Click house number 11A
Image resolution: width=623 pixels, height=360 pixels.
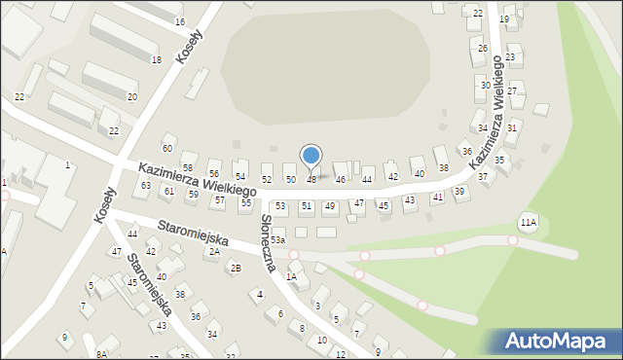coord(528,223)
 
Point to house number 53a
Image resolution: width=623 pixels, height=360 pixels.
coord(278,240)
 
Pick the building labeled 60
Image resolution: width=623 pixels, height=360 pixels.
coord(167,148)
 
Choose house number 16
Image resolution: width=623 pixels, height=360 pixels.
coord(179,21)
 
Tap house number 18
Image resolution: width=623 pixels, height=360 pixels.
coord(156,60)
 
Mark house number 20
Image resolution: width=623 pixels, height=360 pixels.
coord(132,97)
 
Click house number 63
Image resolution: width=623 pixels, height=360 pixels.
coord(146,185)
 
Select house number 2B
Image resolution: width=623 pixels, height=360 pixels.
coord(236,268)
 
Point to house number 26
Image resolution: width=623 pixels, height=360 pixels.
coord(482,49)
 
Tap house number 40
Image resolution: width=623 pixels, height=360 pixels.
coord(420,173)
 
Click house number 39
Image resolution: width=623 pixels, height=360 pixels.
coord(459,192)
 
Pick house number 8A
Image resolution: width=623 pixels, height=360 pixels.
coord(101,355)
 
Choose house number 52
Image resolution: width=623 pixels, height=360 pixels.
coord(267,180)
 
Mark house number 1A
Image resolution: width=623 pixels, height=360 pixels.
coord(291,276)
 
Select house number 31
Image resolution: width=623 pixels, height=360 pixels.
coord(512,127)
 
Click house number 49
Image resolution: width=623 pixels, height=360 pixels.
coord(330,206)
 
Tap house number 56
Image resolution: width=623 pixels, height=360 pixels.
coord(214,173)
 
